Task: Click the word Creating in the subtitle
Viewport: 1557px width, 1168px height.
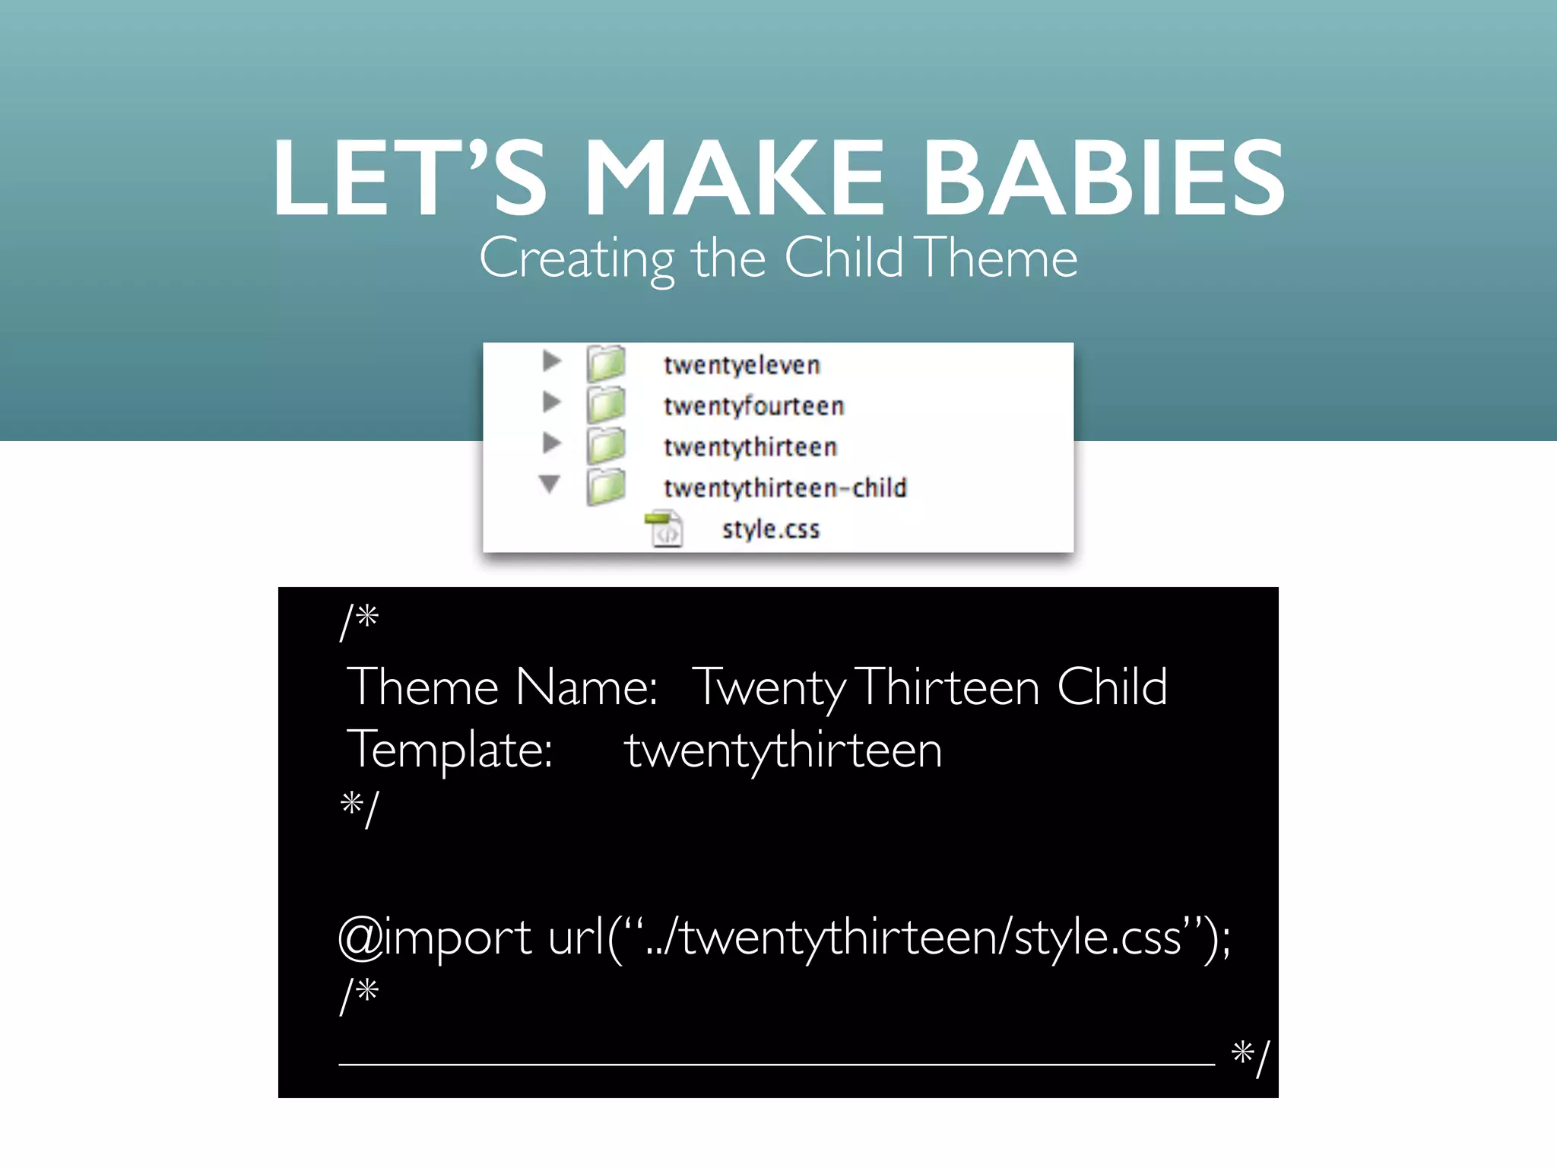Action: tap(577, 259)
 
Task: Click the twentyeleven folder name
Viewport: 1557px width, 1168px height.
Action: tap(741, 365)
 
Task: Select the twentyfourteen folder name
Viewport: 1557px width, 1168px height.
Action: tap(753, 406)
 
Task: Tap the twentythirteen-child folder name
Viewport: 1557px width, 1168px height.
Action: tap(785, 487)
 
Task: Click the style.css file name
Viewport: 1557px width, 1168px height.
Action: tap(770, 528)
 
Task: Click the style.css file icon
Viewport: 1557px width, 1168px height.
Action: tap(664, 528)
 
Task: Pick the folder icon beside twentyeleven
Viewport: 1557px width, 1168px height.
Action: tap(606, 363)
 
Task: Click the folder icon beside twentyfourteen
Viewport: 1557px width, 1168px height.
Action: tap(606, 405)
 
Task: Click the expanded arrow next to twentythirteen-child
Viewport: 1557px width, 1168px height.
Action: tap(550, 484)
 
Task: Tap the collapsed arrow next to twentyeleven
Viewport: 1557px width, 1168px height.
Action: tap(552, 361)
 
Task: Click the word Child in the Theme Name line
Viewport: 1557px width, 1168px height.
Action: tap(1111, 687)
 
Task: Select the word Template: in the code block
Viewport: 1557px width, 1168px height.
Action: tap(450, 750)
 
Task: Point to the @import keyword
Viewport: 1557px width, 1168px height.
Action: tap(435, 937)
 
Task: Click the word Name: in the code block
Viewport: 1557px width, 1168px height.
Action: tap(586, 687)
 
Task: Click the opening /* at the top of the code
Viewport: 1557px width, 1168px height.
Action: tap(359, 620)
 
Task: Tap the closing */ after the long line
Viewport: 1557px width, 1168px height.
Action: tap(1251, 1057)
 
